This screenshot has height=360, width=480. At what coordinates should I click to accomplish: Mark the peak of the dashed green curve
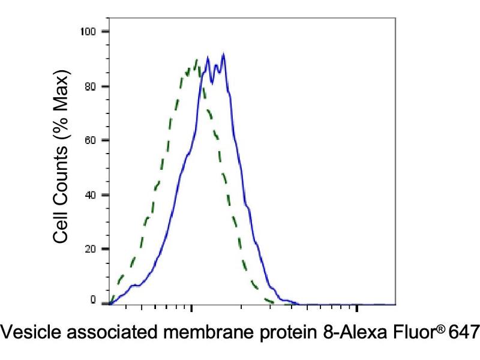point(196,59)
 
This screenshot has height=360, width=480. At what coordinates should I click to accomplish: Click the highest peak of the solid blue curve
point(223,54)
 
